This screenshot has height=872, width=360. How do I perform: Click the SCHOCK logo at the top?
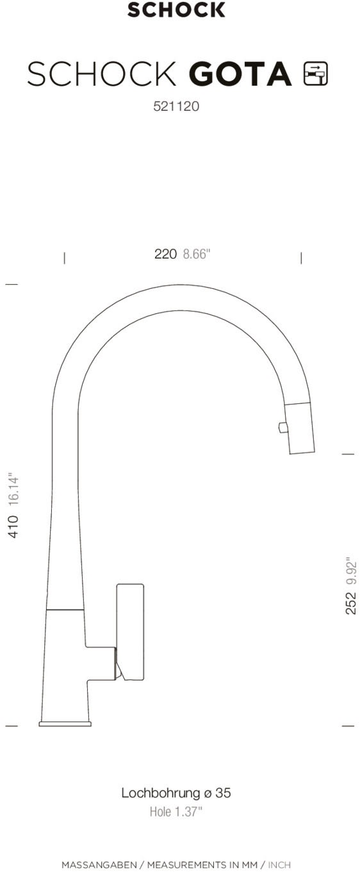176,10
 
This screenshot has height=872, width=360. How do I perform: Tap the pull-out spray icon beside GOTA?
316,74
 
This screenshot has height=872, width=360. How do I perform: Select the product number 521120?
176,106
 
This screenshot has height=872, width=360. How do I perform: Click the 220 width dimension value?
165,254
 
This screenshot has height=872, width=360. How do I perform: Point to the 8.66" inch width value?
197,254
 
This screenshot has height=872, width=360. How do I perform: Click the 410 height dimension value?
13,527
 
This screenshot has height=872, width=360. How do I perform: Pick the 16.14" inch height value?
13,489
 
